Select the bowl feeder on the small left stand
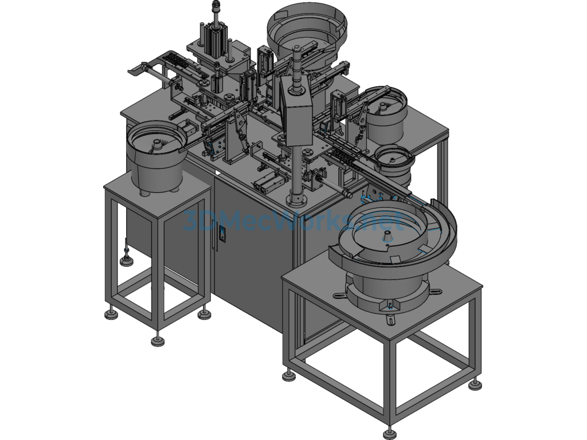(156, 157)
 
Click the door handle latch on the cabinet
(222, 234)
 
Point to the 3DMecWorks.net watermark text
(294, 221)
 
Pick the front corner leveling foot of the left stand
(158, 340)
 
